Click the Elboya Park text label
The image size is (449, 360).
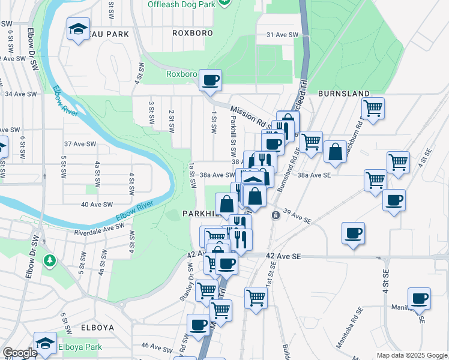[80, 347]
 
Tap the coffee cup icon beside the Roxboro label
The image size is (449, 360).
[210, 80]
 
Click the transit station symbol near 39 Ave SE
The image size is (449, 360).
[275, 215]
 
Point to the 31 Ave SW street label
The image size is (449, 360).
[282, 35]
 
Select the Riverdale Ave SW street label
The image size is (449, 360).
[99, 229]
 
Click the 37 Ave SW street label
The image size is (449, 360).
[80, 144]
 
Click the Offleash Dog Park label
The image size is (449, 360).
[181, 4]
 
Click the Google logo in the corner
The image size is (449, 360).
[20, 353]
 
